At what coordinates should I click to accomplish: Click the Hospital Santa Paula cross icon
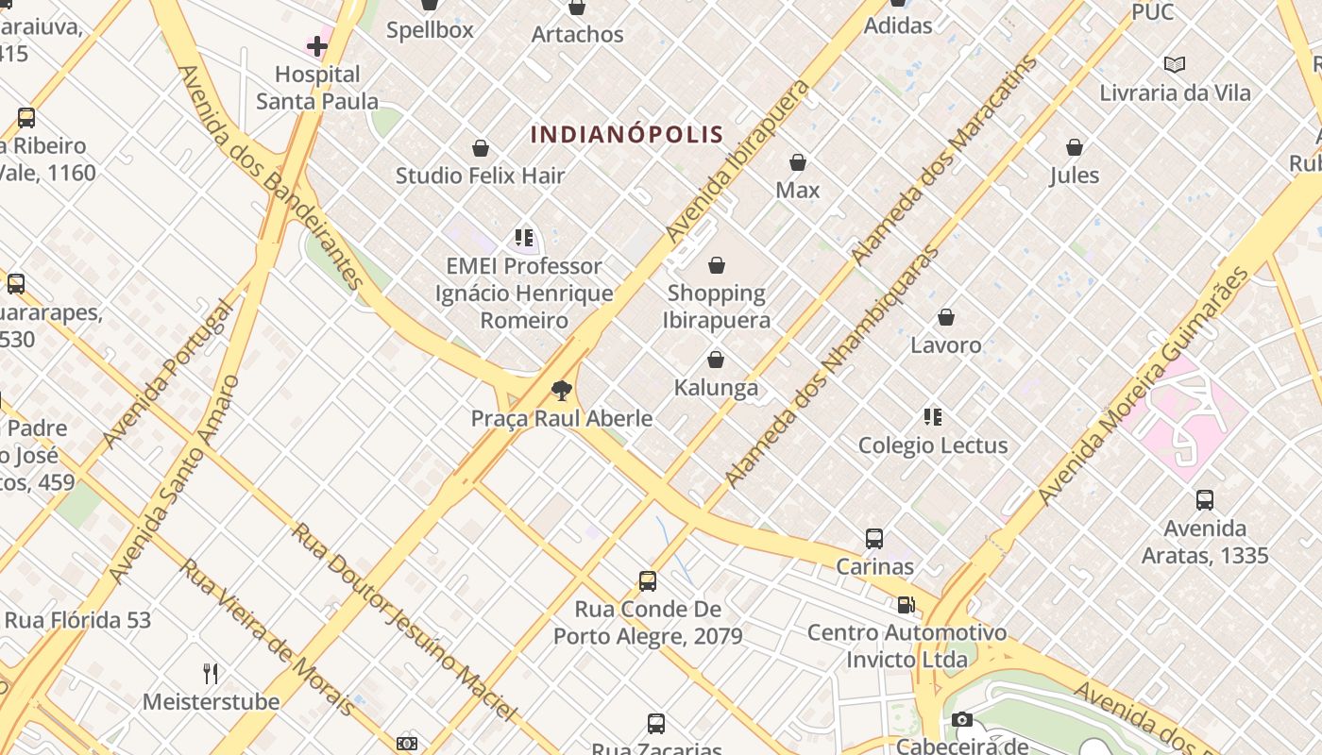coord(317,45)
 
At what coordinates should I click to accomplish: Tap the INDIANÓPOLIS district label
coord(627,134)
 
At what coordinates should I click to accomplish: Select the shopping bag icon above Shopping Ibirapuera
coord(717,265)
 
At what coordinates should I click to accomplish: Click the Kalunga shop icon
coord(716,360)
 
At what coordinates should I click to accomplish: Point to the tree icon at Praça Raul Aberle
coord(562,390)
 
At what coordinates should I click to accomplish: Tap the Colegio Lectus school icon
coord(933,417)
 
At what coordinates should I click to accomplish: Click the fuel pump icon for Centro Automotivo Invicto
coord(906,605)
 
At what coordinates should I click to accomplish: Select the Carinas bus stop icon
coord(874,539)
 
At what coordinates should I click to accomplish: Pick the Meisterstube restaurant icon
coord(211,674)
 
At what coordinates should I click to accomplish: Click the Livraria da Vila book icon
coord(1175,64)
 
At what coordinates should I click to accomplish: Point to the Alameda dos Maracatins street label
coord(943,160)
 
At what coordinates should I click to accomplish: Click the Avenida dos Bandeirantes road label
coord(271,176)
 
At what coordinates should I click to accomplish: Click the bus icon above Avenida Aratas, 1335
coord(1205,500)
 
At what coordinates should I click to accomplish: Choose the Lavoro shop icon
coord(946,318)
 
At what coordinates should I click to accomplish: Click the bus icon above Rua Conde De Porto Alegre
coord(648,581)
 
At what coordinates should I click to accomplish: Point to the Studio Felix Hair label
coord(480,176)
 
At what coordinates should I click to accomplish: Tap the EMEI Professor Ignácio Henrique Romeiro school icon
coord(524,238)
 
